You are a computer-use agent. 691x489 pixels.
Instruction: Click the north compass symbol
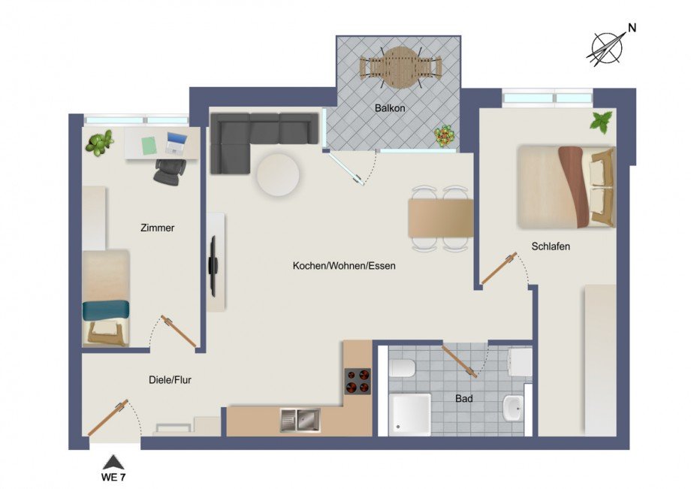pos(606,47)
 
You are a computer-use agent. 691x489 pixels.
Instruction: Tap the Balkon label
pos(390,108)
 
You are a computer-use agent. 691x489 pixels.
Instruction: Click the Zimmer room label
pos(157,228)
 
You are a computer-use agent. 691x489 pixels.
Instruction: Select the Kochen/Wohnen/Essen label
pos(344,266)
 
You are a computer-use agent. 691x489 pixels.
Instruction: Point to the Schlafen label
pos(551,246)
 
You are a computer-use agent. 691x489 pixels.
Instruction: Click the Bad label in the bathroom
pos(464,399)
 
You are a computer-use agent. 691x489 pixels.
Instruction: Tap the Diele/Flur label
pos(170,380)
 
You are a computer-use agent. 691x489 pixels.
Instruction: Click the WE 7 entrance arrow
pos(113,462)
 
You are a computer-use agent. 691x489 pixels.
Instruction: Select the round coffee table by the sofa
pos(278,175)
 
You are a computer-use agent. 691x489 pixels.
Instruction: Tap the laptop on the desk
pos(177,143)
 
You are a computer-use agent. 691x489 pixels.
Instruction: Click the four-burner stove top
pos(358,382)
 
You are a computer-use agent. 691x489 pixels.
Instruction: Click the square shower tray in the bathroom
pos(410,414)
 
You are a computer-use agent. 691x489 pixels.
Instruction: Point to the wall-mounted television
pos(213,265)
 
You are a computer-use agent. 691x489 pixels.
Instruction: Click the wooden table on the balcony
pos(399,66)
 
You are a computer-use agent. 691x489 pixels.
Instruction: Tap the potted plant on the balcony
pos(445,136)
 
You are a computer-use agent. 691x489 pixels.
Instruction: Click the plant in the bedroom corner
pos(601,122)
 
